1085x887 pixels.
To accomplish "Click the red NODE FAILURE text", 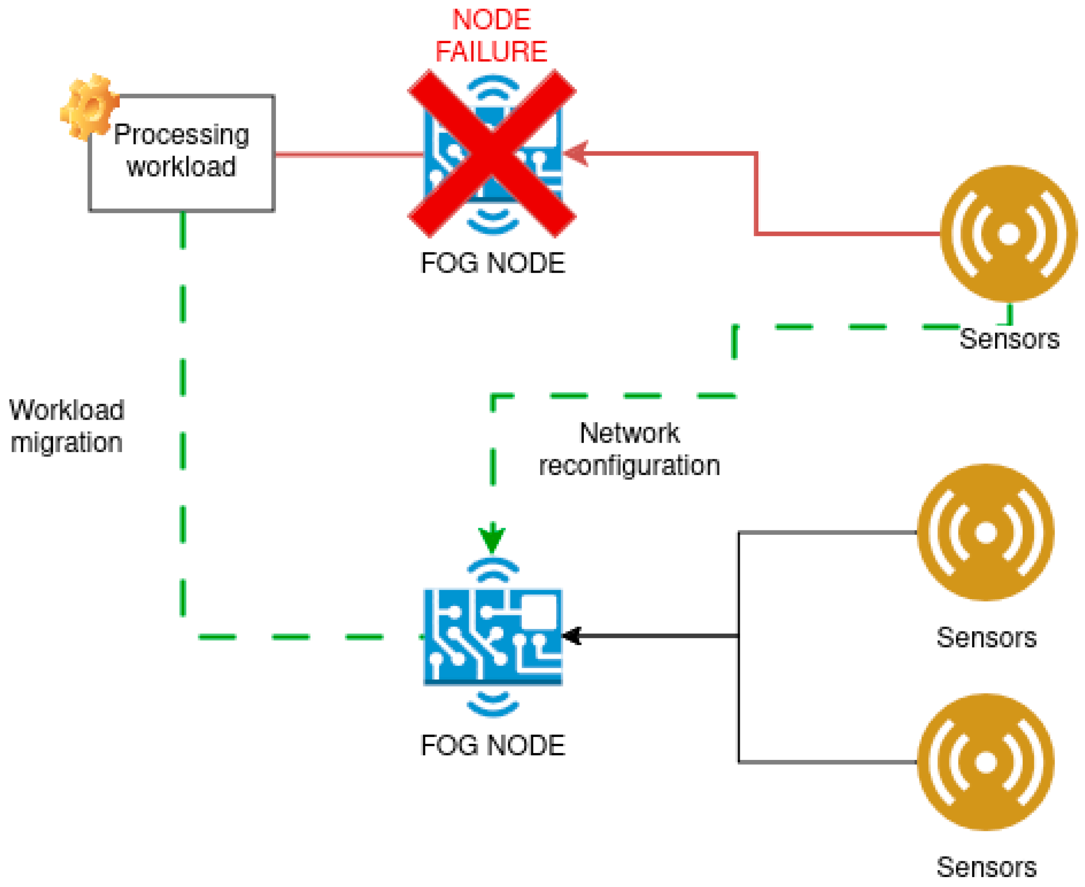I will pyautogui.click(x=491, y=36).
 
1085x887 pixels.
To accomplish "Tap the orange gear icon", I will pyautogui.click(x=90, y=107).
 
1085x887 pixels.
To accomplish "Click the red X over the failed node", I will pyautogui.click(x=492, y=153).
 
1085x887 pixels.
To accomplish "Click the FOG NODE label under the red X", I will pyautogui.click(x=492, y=263).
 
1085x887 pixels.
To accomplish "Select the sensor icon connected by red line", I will pyautogui.click(x=1008, y=233).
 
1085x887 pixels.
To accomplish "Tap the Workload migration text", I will pyautogui.click(x=67, y=426).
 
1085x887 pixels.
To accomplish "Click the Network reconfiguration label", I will pyautogui.click(x=629, y=449).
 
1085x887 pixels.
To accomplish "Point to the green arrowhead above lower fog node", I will pyautogui.click(x=492, y=539).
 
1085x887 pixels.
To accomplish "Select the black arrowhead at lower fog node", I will pyautogui.click(x=573, y=636).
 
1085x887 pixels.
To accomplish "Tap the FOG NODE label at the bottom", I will pyautogui.click(x=492, y=746).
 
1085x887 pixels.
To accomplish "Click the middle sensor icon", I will pyautogui.click(x=986, y=533).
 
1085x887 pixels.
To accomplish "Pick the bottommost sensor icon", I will pyautogui.click(x=986, y=762).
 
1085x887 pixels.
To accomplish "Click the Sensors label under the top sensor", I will pyautogui.click(x=1009, y=339).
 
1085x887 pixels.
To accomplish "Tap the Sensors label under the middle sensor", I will pyautogui.click(x=986, y=638).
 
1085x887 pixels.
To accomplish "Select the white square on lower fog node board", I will pyautogui.click(x=539, y=611).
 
